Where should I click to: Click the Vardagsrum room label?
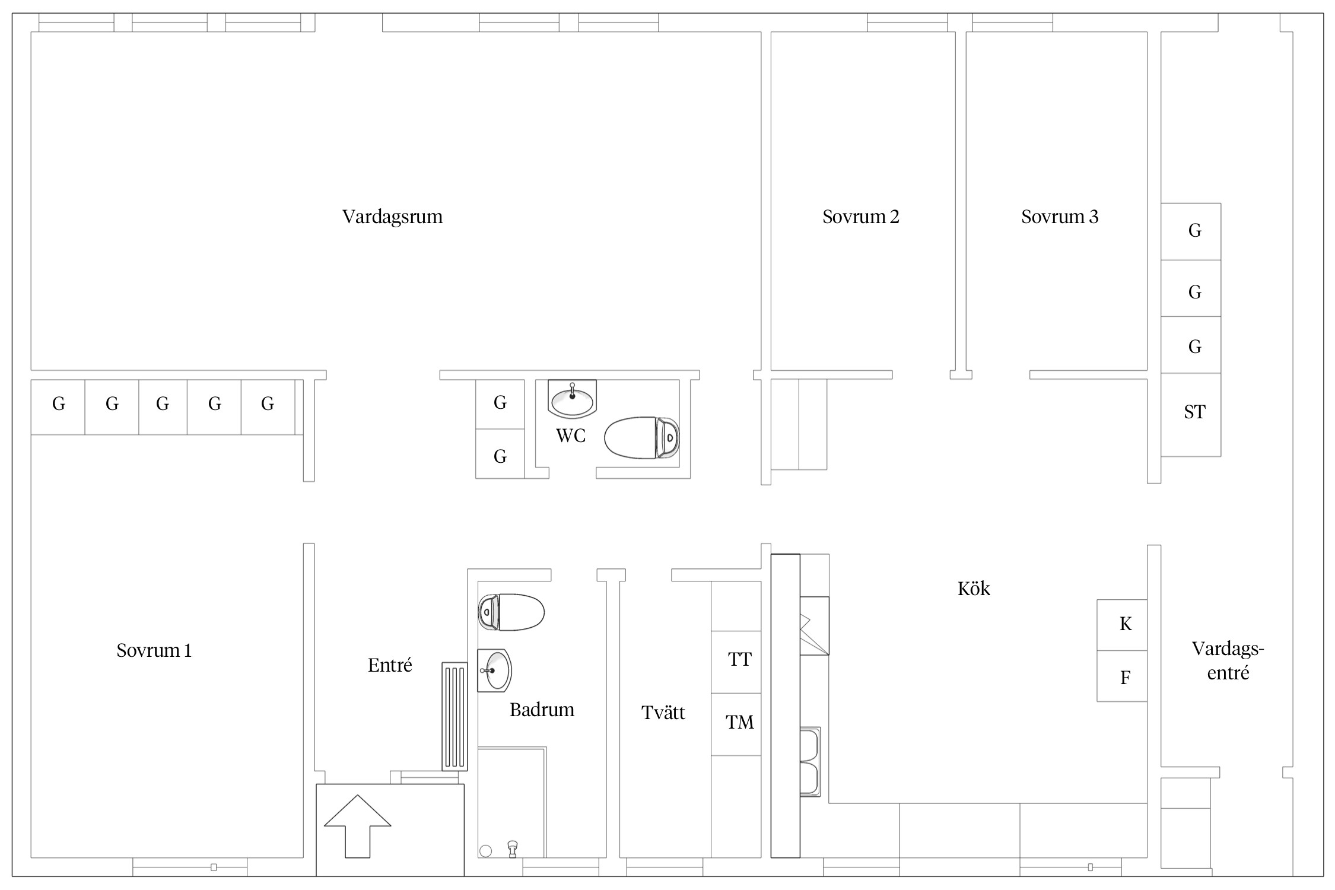392,217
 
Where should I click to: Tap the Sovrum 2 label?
860,217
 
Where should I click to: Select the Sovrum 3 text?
1060,217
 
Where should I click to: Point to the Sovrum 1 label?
154,650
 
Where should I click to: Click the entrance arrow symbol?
358,826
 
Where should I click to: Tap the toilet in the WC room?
642,438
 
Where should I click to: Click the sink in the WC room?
572,398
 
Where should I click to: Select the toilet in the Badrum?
511,612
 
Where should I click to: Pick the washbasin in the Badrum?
494,670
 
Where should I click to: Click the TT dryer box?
736,662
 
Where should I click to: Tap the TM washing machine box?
736,724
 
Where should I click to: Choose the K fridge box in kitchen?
1121,625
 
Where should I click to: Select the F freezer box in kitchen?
1121,676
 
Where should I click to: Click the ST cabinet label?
1194,412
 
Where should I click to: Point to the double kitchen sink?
810,762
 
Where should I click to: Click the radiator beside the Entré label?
454,717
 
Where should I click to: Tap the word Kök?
974,589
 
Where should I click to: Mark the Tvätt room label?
663,713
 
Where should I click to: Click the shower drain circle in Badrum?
485,851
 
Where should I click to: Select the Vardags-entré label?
1228,661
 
